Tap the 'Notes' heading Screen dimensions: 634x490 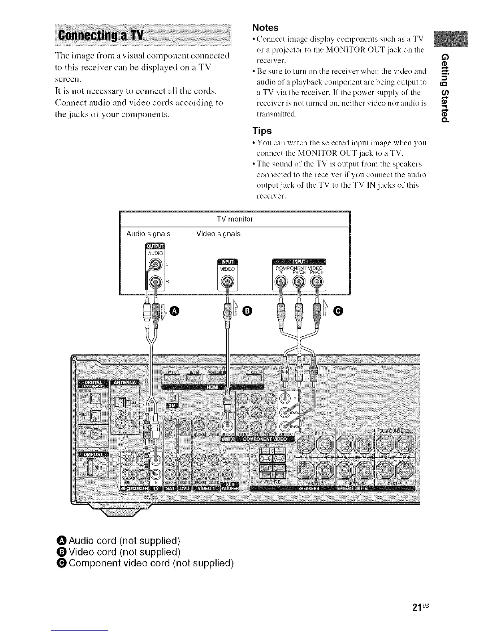coord(265,28)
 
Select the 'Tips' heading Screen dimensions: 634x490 coord(262,131)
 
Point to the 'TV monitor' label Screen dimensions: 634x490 coord(235,219)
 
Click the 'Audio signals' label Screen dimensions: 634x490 coord(148,234)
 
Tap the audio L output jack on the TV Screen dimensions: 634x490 coord(154,264)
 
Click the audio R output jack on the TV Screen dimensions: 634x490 coord(154,283)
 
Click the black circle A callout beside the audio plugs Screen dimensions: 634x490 coord(174,311)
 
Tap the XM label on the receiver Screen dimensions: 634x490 coord(172,405)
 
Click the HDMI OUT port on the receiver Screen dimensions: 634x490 coord(253,377)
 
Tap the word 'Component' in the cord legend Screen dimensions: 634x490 coord(94,563)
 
